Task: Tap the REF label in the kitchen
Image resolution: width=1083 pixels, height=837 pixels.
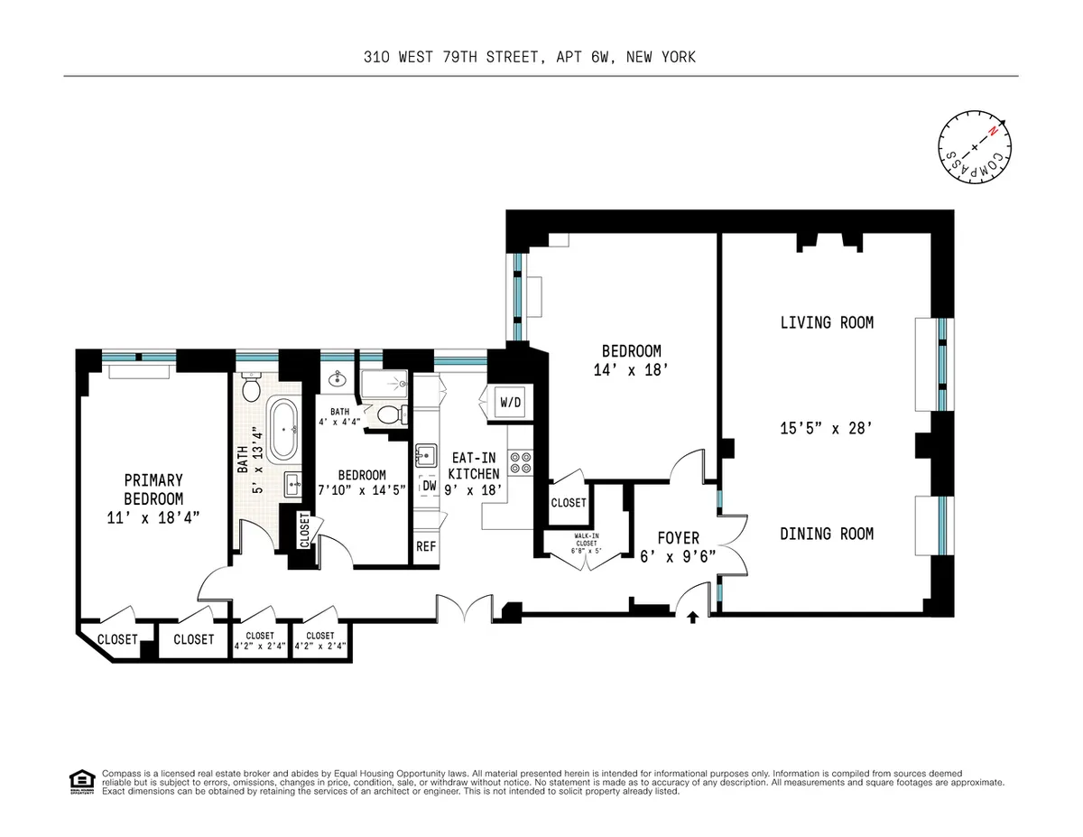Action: point(425,546)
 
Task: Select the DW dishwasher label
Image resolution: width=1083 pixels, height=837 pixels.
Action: point(429,486)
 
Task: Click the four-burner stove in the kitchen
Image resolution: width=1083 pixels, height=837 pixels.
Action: point(522,462)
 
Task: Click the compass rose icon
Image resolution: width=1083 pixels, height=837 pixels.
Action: point(975,147)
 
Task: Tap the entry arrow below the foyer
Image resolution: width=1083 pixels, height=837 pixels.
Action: point(693,618)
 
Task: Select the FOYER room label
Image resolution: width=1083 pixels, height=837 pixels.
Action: point(678,538)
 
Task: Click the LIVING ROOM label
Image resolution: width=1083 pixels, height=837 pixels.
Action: point(827,322)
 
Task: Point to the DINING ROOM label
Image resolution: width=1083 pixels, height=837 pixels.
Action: point(827,534)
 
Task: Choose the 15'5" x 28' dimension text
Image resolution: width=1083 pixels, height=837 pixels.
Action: point(827,429)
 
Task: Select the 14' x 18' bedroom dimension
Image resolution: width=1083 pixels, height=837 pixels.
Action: point(632,369)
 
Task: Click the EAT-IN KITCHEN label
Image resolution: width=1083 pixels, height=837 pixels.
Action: point(474,466)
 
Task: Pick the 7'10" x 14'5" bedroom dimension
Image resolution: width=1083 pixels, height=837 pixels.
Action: point(362,490)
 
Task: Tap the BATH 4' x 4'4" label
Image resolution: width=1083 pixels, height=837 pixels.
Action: point(339,415)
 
